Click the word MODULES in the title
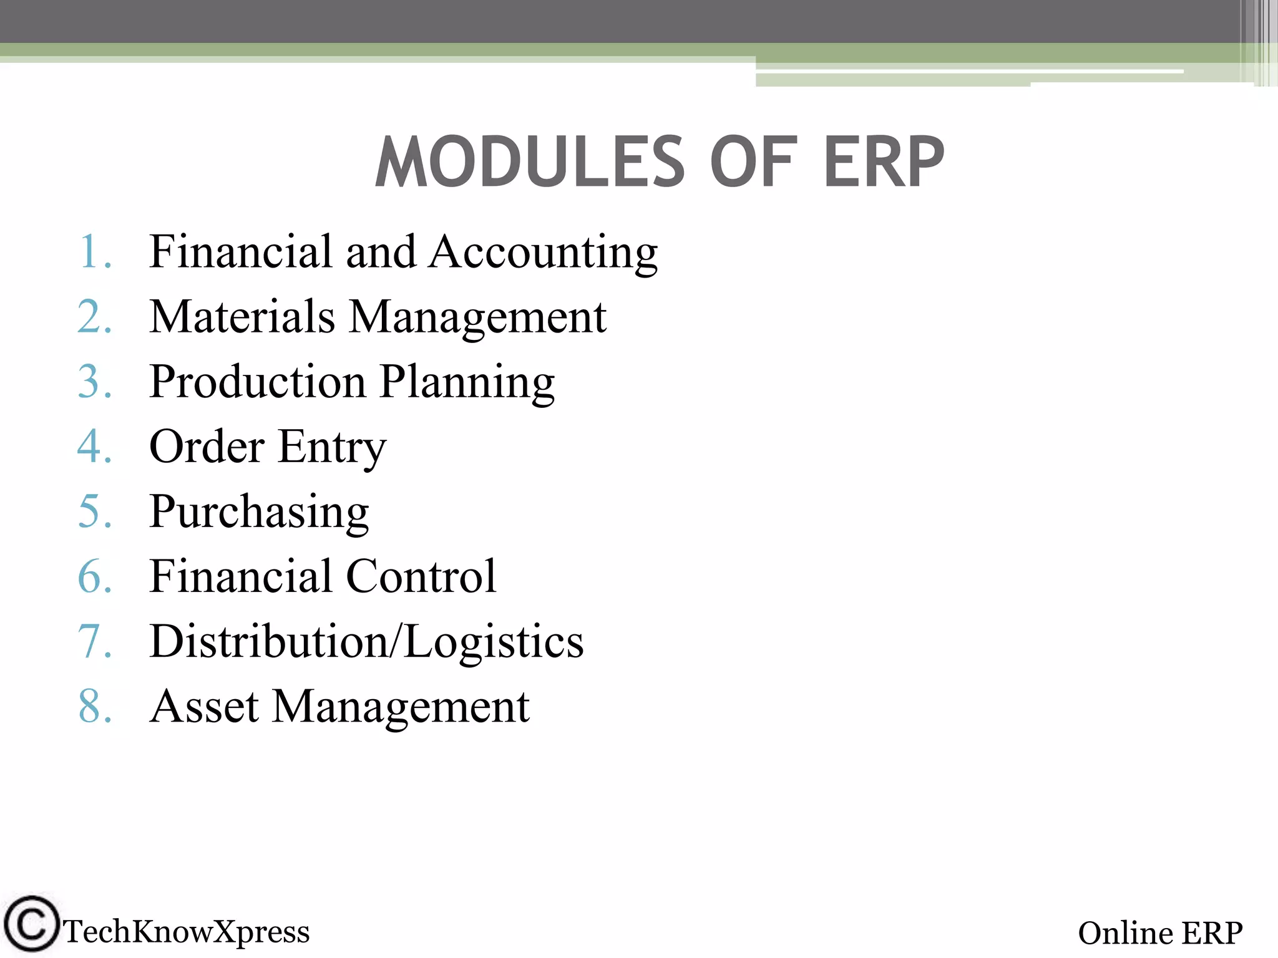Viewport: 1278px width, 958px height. (x=530, y=162)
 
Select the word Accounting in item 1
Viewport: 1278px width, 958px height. (x=544, y=252)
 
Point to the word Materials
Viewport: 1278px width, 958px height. (x=242, y=317)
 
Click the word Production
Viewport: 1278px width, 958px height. (x=258, y=382)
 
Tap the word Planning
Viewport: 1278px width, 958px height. (x=467, y=382)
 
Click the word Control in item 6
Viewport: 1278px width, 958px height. (x=421, y=576)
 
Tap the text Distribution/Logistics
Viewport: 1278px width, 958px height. (x=367, y=641)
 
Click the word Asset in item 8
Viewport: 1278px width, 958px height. (x=205, y=707)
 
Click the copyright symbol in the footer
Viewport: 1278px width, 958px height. (x=31, y=924)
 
